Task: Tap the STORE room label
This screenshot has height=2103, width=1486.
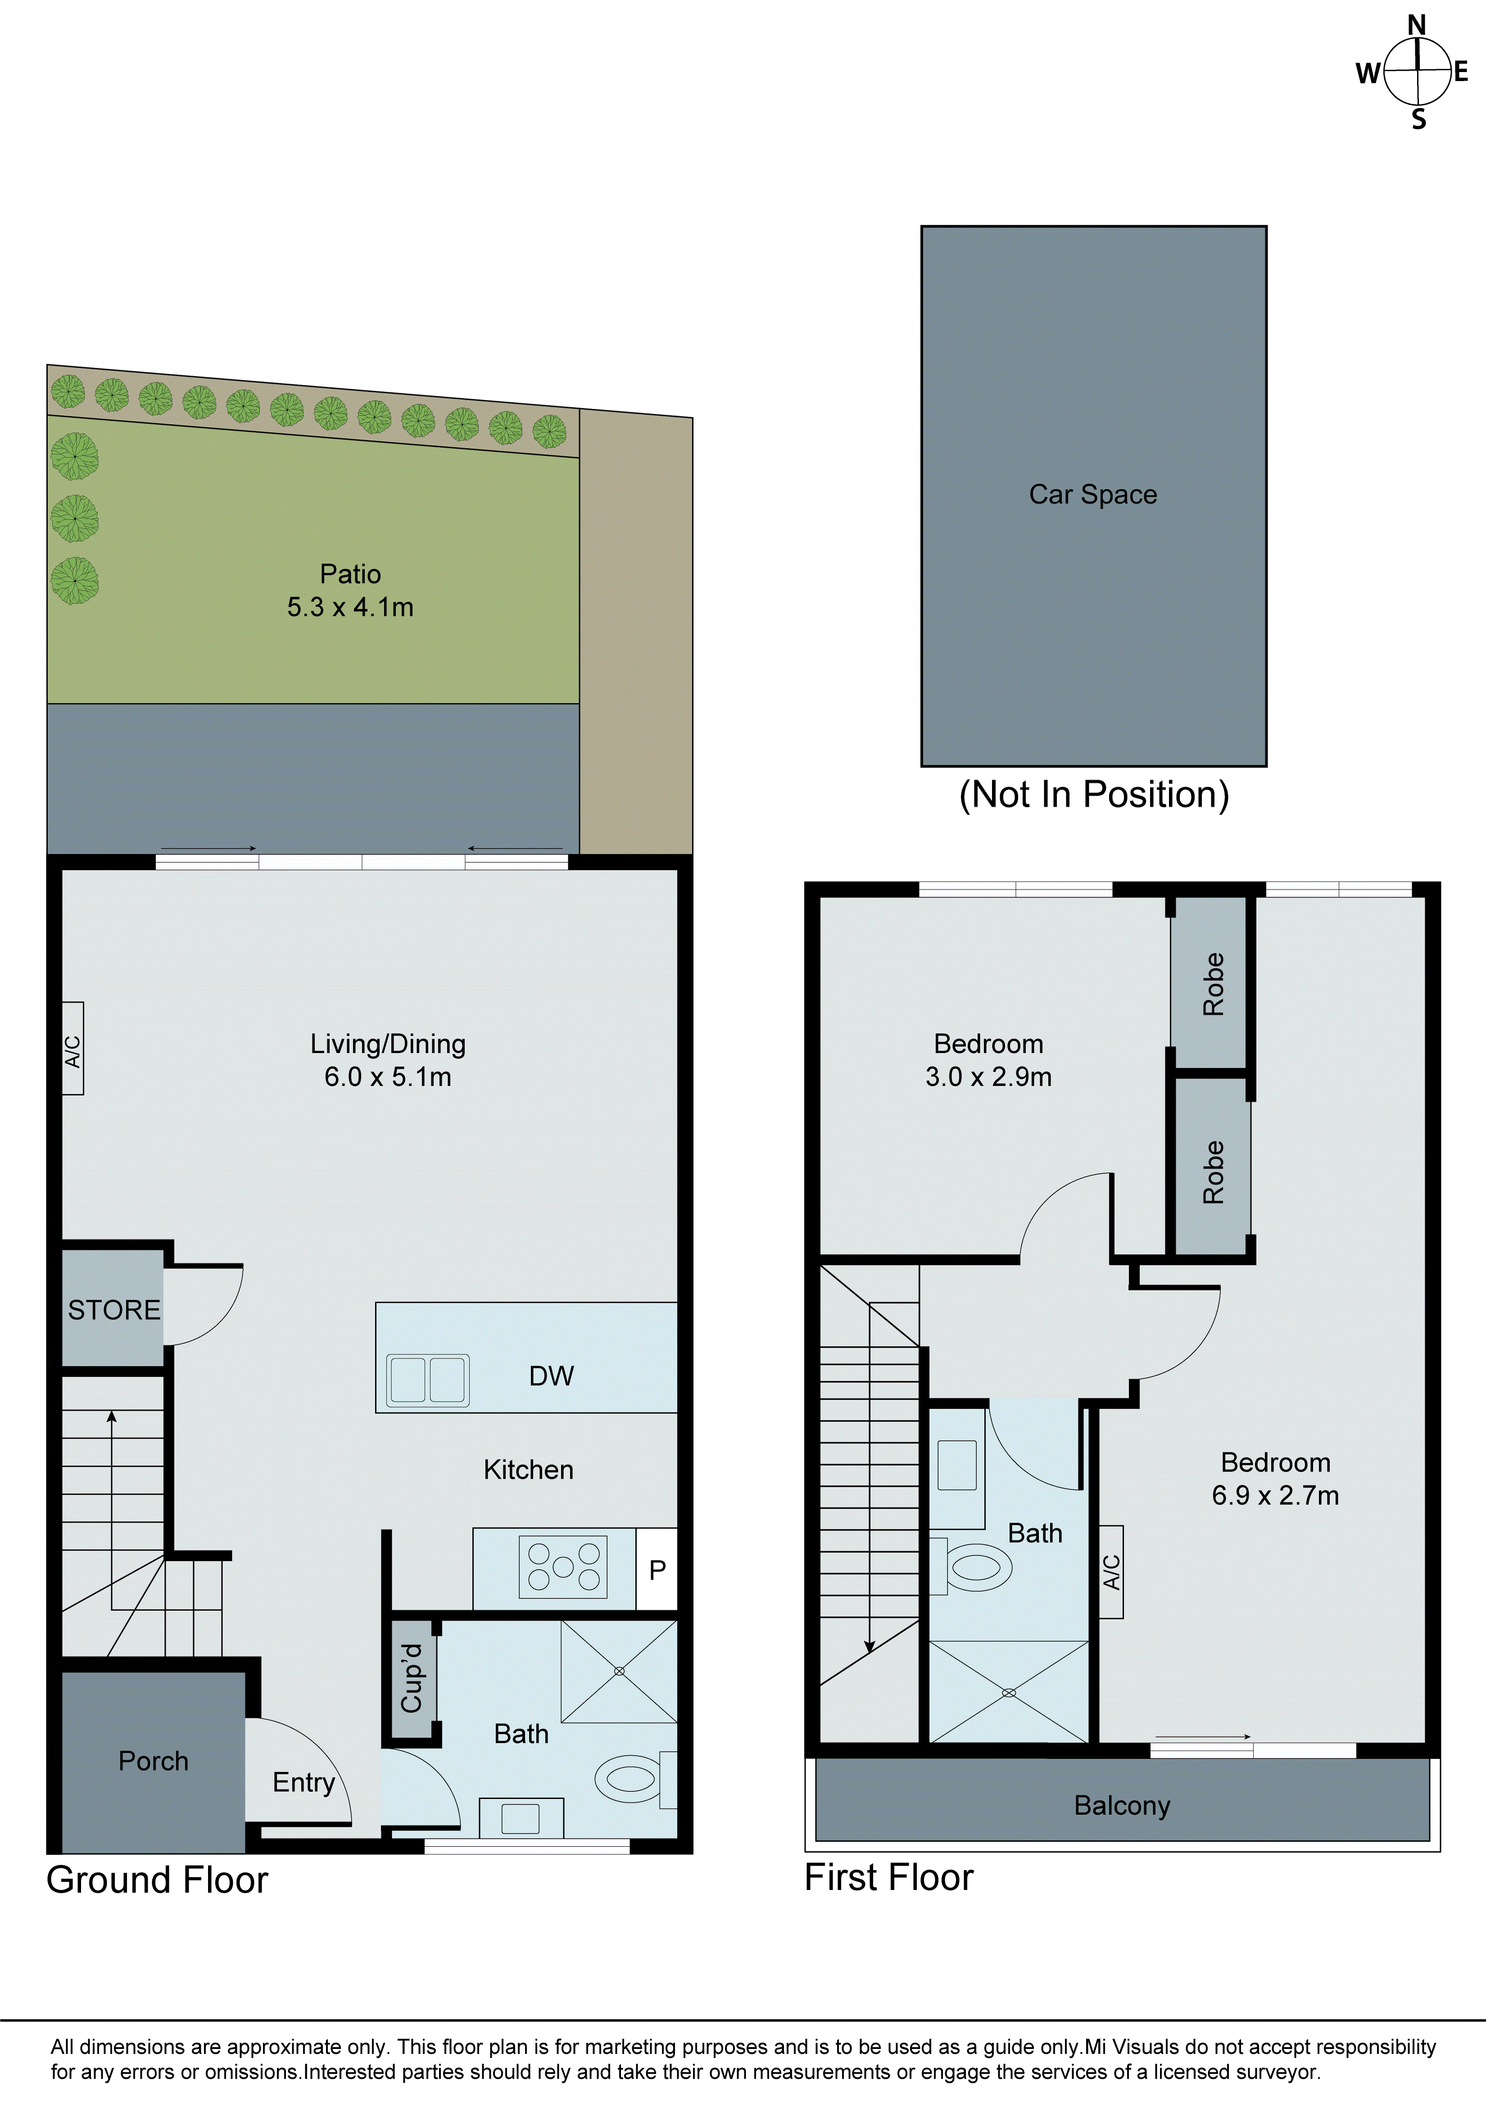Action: (113, 1310)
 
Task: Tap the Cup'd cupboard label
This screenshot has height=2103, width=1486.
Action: (412, 1678)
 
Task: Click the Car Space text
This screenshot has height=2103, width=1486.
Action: (1093, 494)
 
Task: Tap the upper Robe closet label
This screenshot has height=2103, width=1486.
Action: (1212, 984)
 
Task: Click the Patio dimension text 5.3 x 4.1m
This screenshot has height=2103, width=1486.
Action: (350, 607)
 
